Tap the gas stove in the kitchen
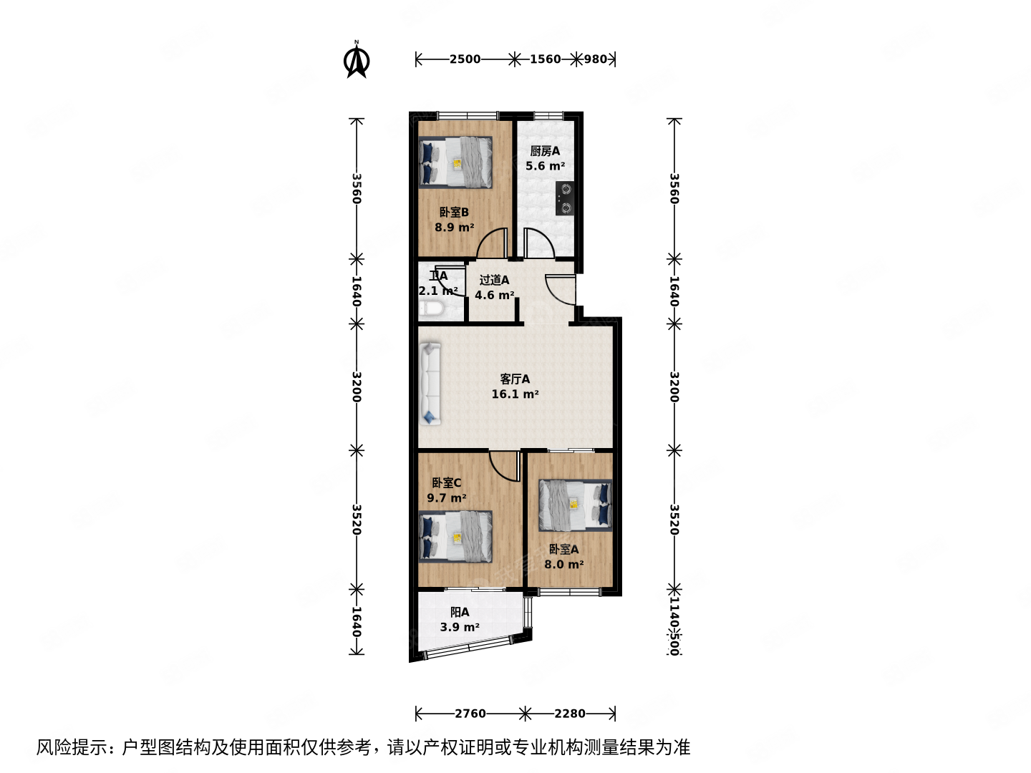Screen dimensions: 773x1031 565,198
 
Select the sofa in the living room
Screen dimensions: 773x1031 430,384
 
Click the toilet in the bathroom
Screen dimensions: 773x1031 431,310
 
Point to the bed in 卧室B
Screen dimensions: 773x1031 456,162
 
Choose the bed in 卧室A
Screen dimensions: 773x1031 576,505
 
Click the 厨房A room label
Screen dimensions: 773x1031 545,151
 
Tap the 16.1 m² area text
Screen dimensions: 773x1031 515,394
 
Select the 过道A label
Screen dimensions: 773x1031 494,280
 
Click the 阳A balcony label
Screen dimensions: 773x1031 460,612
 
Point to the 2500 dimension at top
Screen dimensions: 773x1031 465,59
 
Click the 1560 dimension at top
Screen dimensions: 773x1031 545,59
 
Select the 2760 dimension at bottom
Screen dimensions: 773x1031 470,714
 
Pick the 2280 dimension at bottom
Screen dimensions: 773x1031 570,714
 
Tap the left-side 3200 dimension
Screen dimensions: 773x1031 356,386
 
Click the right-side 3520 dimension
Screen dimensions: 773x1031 674,520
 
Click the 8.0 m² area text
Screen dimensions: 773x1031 563,565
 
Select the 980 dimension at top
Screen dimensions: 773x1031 596,59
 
